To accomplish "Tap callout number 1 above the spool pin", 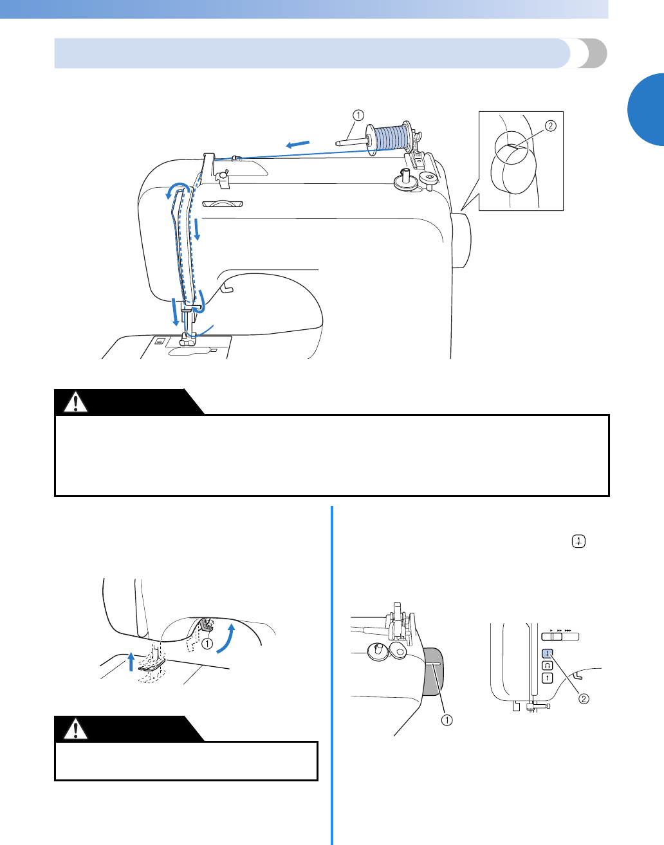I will (358, 116).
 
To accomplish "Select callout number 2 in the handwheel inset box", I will (550, 126).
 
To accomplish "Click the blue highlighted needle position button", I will (548, 654).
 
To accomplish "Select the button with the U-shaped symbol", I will (548, 666).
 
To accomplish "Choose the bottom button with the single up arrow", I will (548, 677).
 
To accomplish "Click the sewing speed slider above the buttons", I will (560, 637).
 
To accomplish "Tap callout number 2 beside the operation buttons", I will (584, 699).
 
